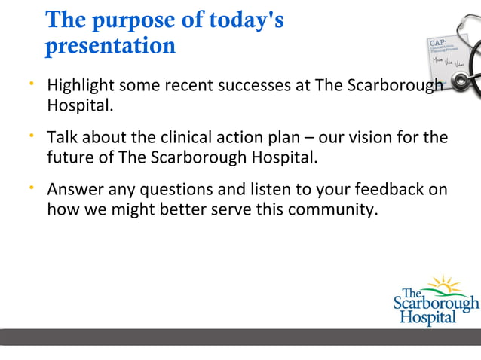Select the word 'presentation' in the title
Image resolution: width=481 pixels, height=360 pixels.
[x=110, y=47]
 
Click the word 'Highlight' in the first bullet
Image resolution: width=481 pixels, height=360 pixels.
[x=81, y=86]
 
